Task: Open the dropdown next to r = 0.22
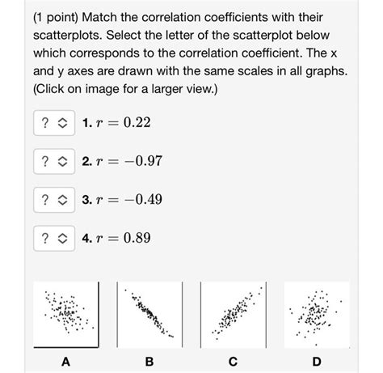click(x=54, y=123)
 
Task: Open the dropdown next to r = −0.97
click(x=54, y=161)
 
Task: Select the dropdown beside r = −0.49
click(x=54, y=200)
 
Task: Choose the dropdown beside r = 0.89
click(x=54, y=238)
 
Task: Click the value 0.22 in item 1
click(x=137, y=123)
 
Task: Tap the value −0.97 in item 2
click(x=143, y=161)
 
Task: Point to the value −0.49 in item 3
click(x=143, y=200)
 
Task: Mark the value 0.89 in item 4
click(x=137, y=238)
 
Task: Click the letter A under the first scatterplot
click(x=66, y=362)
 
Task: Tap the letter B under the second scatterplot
click(x=149, y=362)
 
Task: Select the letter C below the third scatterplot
click(x=233, y=362)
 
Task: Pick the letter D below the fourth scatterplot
click(x=317, y=362)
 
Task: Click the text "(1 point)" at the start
click(x=56, y=18)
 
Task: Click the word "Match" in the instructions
click(x=99, y=17)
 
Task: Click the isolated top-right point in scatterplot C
click(x=261, y=288)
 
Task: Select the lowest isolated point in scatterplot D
click(x=316, y=345)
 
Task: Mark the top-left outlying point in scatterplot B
click(x=125, y=290)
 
